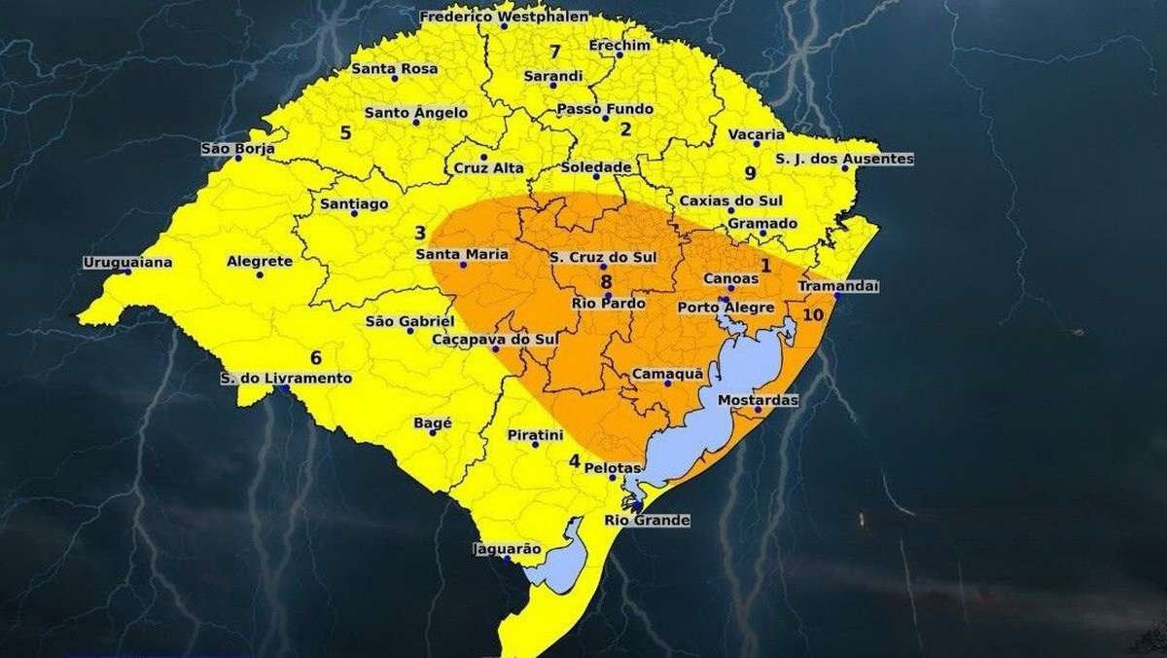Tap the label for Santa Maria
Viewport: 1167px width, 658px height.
pyautogui.click(x=462, y=255)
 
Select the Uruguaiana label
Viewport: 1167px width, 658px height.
pyautogui.click(x=127, y=262)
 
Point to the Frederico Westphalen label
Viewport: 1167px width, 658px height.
pyautogui.click(x=491, y=17)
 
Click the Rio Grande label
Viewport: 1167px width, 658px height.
pyautogui.click(x=647, y=521)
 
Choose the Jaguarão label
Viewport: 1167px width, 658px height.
pyautogui.click(x=506, y=549)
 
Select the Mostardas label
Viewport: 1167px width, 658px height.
pyautogui.click(x=757, y=400)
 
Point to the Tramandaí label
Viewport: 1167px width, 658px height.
pyautogui.click(x=837, y=286)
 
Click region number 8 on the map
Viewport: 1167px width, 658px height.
pyautogui.click(x=606, y=281)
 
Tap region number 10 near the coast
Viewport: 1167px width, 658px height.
pyautogui.click(x=814, y=314)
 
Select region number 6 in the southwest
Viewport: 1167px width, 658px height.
pyautogui.click(x=316, y=356)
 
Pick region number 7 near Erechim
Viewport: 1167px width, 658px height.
pyautogui.click(x=554, y=52)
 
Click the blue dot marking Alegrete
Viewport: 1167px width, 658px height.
pyautogui.click(x=260, y=274)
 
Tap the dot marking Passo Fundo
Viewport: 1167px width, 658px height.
pyautogui.click(x=605, y=118)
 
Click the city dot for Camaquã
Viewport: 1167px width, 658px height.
pyautogui.click(x=667, y=384)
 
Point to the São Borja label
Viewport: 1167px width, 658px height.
pyautogui.click(x=237, y=149)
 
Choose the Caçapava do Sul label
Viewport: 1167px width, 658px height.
pyautogui.click(x=495, y=339)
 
